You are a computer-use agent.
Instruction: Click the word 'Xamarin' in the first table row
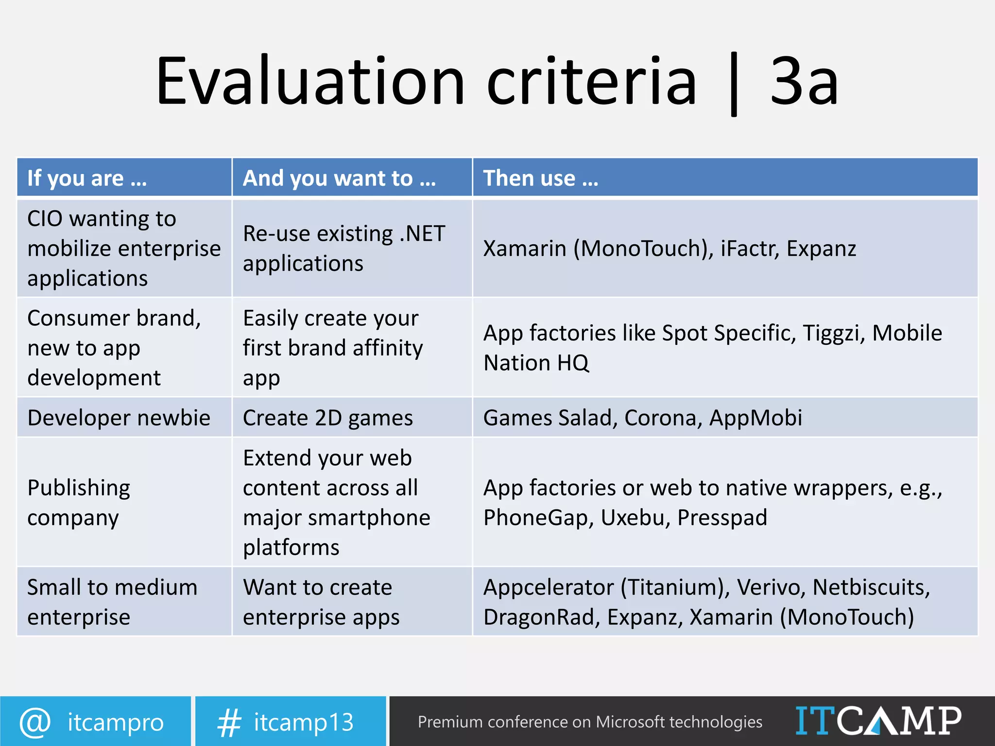click(x=525, y=249)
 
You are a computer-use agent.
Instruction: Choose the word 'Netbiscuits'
click(x=871, y=588)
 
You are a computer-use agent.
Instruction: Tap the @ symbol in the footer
click(x=35, y=722)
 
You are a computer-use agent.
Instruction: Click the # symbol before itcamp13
click(x=229, y=722)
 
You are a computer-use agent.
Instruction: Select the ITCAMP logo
click(x=878, y=721)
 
